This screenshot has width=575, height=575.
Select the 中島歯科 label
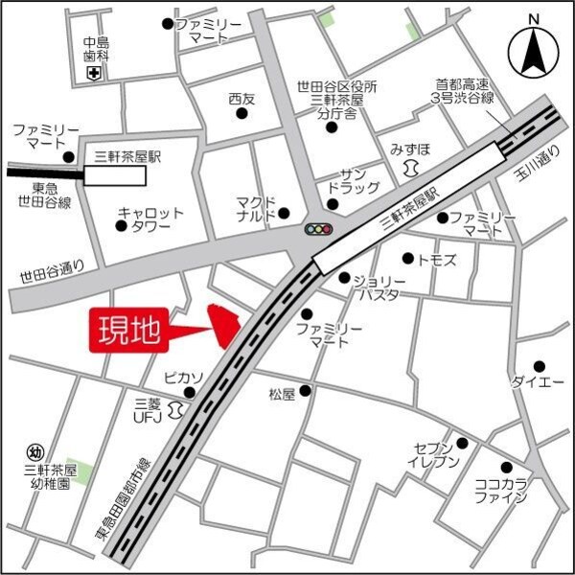coord(96,49)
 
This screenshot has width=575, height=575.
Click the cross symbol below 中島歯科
coord(94,73)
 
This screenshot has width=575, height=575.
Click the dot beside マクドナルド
coord(284,213)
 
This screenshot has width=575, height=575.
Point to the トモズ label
coord(437,260)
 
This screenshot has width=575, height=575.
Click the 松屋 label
coord(283,393)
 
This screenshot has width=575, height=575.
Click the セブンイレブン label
coord(438,455)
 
